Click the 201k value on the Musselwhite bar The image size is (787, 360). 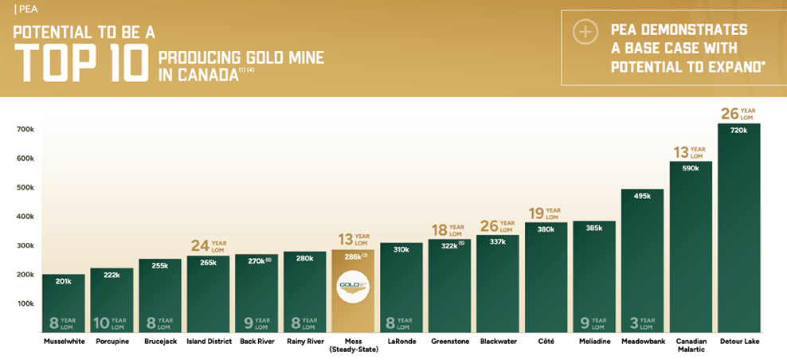[63, 280]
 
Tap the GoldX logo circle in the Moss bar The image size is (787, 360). [352, 287]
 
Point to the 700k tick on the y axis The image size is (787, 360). [25, 129]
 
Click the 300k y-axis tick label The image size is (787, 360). [25, 245]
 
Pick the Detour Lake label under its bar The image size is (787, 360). [738, 342]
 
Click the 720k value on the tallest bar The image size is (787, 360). [738, 130]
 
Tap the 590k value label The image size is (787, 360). [690, 168]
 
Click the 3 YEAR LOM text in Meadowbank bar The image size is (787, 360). [642, 323]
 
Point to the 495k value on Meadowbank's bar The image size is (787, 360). [642, 196]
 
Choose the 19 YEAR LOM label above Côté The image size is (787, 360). [545, 214]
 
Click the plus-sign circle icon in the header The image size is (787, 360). [585, 32]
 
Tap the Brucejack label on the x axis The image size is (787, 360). [159, 342]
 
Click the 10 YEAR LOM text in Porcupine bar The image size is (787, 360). [112, 323]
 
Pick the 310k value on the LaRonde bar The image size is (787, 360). [401, 249]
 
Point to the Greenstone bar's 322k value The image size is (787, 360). [450, 245]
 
